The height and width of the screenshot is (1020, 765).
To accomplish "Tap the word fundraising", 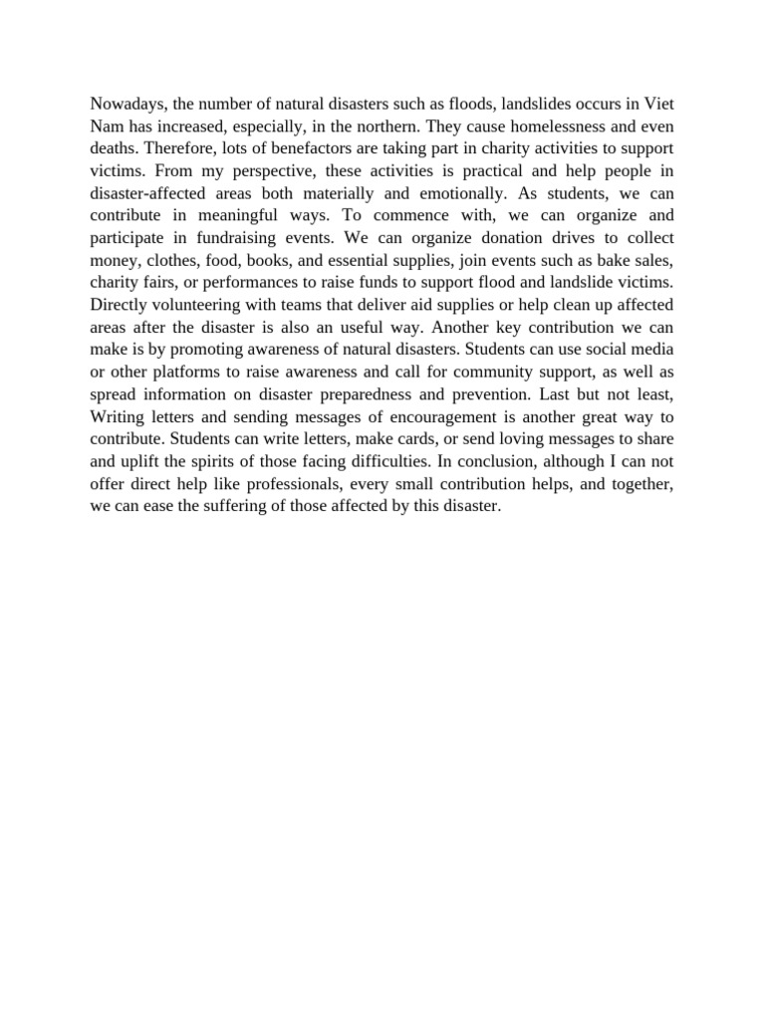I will pos(245,237).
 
